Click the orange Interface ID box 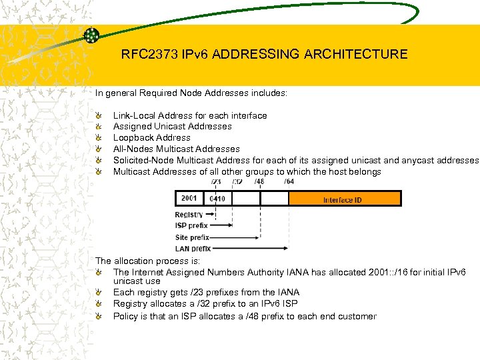(345, 199)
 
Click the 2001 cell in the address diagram (190, 199)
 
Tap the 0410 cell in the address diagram (218, 199)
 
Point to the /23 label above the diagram (216, 181)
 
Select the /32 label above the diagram (237, 181)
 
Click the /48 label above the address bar (259, 181)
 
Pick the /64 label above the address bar (289, 181)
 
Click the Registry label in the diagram (189, 215)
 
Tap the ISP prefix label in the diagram (191, 226)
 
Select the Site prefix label (192, 237)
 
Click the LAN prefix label (193, 249)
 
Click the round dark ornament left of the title (92, 35)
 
